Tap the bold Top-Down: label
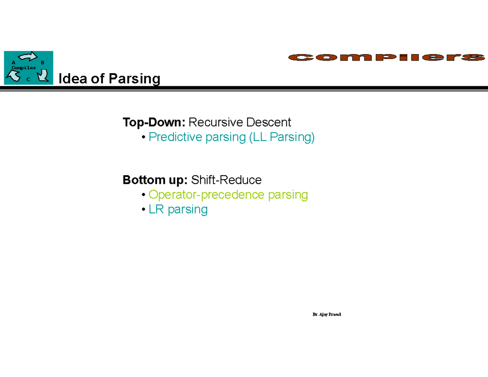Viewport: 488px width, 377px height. (x=154, y=122)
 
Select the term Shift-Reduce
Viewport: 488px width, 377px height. (x=227, y=180)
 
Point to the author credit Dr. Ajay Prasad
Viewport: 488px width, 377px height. (x=327, y=314)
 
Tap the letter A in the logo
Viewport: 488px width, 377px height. (x=13, y=63)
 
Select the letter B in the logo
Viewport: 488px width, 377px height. (x=43, y=63)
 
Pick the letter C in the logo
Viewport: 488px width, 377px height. (x=28, y=80)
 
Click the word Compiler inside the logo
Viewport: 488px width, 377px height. (x=24, y=68)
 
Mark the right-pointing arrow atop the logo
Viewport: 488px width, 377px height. (x=28, y=57)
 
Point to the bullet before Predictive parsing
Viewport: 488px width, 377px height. (x=143, y=137)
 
